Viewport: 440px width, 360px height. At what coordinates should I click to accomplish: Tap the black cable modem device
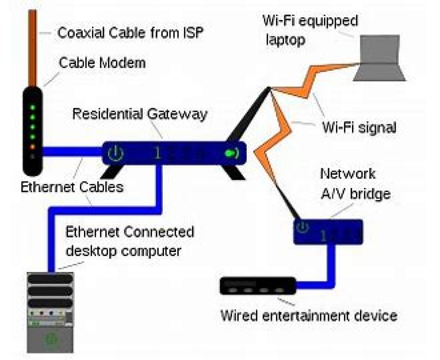pos(33,132)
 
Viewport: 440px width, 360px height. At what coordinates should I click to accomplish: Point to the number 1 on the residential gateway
pos(157,153)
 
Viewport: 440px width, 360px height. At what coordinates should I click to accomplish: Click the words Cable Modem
pos(102,63)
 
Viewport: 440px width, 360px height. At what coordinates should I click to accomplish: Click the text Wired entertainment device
pos(308,315)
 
